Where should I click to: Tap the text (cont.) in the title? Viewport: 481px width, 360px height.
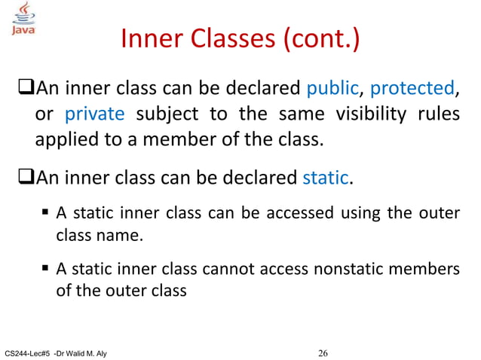[x=320, y=40]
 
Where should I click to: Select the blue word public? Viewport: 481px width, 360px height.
[x=331, y=89]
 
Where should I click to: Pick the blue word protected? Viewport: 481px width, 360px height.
[x=411, y=89]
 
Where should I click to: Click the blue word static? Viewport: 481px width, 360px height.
[x=325, y=178]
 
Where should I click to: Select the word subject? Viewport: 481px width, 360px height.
[x=170, y=115]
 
